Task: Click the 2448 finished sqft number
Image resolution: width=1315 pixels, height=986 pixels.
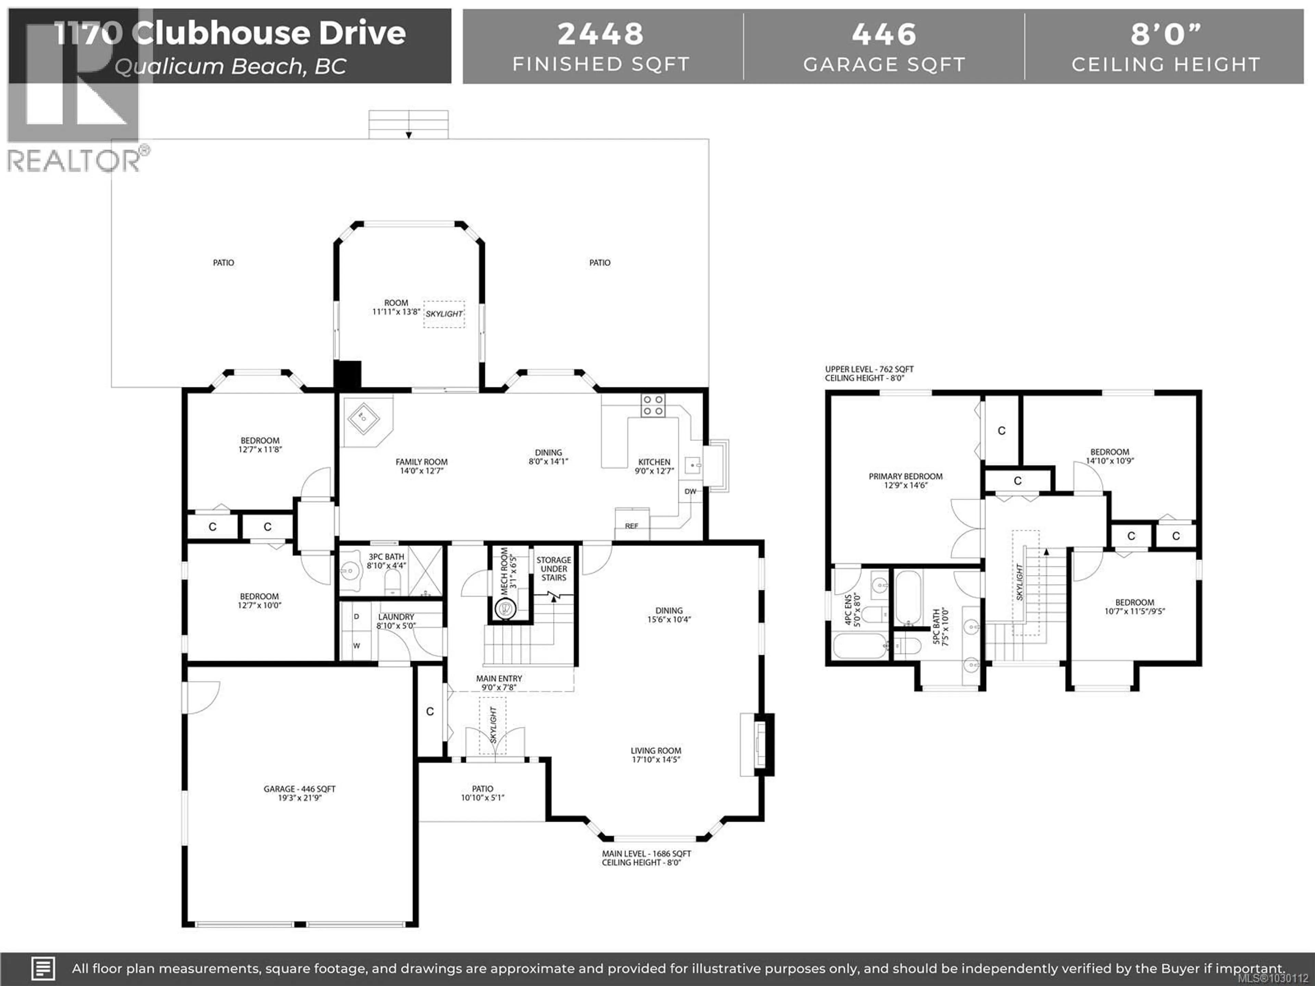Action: (600, 34)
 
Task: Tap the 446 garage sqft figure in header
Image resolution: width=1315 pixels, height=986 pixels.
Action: (884, 34)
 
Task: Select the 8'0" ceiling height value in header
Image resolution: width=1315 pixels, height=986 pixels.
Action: (1166, 34)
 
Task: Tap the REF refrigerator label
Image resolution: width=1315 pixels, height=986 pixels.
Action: (631, 526)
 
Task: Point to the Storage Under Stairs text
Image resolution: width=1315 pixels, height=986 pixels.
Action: (553, 569)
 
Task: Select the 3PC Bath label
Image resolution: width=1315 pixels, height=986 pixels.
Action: (386, 557)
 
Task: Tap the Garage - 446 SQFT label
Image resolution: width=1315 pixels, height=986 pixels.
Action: (300, 789)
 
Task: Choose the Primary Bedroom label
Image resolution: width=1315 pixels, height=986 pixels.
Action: (905, 477)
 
